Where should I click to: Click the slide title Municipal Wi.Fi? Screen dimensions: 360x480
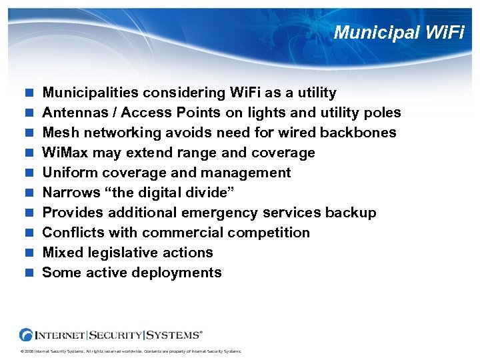tap(399, 32)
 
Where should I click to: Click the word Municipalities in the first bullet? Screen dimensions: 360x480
tap(92, 93)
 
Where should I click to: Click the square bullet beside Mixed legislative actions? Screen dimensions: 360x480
tap(29, 253)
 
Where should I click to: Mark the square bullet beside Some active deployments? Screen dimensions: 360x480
tap(29, 273)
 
